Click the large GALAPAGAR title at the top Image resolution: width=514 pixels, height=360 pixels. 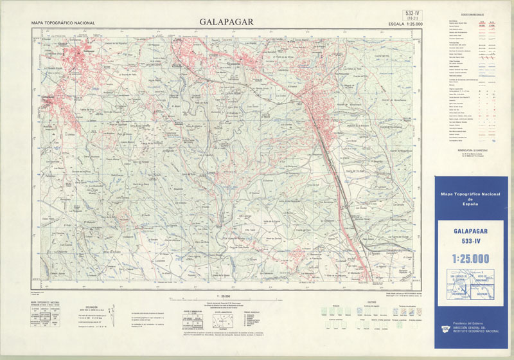click(226, 22)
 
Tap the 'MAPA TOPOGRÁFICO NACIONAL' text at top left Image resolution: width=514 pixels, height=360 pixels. click(63, 23)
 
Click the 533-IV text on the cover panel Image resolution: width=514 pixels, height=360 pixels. click(472, 241)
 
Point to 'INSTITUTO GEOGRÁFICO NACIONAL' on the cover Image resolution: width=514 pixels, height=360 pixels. click(475, 332)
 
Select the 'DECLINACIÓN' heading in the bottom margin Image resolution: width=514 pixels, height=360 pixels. click(89, 308)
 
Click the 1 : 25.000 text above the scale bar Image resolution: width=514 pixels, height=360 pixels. click(226, 295)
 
